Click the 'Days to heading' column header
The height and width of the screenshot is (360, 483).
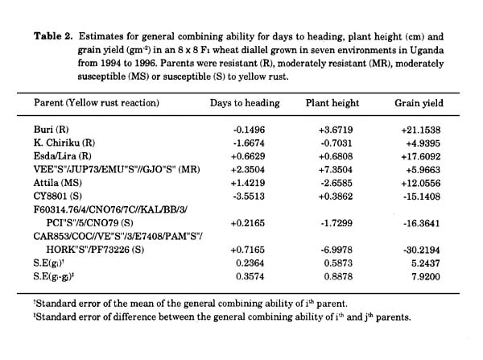point(245,103)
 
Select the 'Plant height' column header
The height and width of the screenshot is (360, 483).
point(332,103)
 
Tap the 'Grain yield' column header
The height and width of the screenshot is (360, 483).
point(419,103)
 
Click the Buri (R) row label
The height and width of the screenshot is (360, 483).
point(52,130)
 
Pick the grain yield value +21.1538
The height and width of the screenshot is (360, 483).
point(421,130)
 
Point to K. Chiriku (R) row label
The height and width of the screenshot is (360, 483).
point(64,143)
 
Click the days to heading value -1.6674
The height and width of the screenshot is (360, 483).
point(249,143)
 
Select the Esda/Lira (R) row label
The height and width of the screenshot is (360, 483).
point(63,156)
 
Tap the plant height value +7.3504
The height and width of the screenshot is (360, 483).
point(336,170)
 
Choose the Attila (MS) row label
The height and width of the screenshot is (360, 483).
point(58,183)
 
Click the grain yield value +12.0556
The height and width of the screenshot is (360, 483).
point(421,184)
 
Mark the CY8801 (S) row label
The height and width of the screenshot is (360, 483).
point(58,196)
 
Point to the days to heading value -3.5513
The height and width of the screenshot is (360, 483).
point(249,197)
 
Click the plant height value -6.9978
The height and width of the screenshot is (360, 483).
point(336,250)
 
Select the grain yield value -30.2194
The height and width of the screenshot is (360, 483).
point(422,250)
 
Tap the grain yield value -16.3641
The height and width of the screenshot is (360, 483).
point(422,223)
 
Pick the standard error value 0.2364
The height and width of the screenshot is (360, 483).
point(250,263)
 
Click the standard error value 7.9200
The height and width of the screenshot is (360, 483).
point(426,277)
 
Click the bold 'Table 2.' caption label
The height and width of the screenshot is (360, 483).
point(53,36)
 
